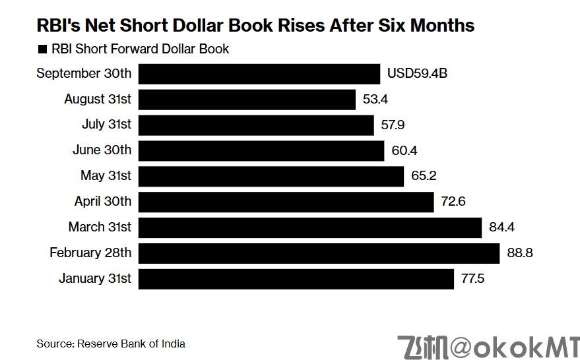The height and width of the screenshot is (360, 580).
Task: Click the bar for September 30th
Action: (x=259, y=74)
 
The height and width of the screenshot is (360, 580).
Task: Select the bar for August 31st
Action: (x=247, y=100)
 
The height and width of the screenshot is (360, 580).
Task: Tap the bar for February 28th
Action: (x=319, y=253)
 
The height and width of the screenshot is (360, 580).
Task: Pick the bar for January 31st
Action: (x=296, y=279)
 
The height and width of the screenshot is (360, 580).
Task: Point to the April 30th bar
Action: (x=286, y=202)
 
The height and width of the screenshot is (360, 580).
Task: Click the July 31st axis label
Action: (x=106, y=125)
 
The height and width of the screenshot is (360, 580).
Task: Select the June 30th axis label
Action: (x=102, y=150)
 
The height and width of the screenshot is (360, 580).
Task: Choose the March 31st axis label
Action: (x=100, y=227)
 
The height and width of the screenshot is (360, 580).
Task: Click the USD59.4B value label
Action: (x=417, y=74)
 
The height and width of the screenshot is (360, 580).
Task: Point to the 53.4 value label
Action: (x=375, y=100)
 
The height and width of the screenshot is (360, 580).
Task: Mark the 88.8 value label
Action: (x=519, y=253)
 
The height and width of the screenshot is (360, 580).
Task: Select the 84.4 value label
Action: (x=501, y=227)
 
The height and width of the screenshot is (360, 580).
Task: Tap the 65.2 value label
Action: (x=423, y=176)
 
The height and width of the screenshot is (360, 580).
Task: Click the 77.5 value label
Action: (x=473, y=279)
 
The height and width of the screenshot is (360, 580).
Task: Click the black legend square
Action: (x=43, y=49)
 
